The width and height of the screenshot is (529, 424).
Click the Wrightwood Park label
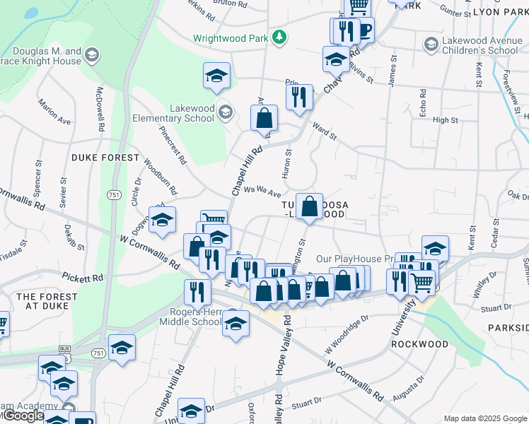(x=231, y=37)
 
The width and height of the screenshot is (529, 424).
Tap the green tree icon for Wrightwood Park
(x=279, y=37)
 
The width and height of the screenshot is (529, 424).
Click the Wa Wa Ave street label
(x=263, y=192)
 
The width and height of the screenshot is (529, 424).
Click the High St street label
(x=446, y=120)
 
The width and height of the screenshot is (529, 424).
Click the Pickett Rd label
(x=82, y=277)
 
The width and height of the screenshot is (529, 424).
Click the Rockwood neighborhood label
(x=419, y=344)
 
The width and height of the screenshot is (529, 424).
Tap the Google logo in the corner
(x=23, y=416)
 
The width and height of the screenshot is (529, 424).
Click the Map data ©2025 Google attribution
(x=484, y=418)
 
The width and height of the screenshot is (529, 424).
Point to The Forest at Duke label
(x=47, y=301)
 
